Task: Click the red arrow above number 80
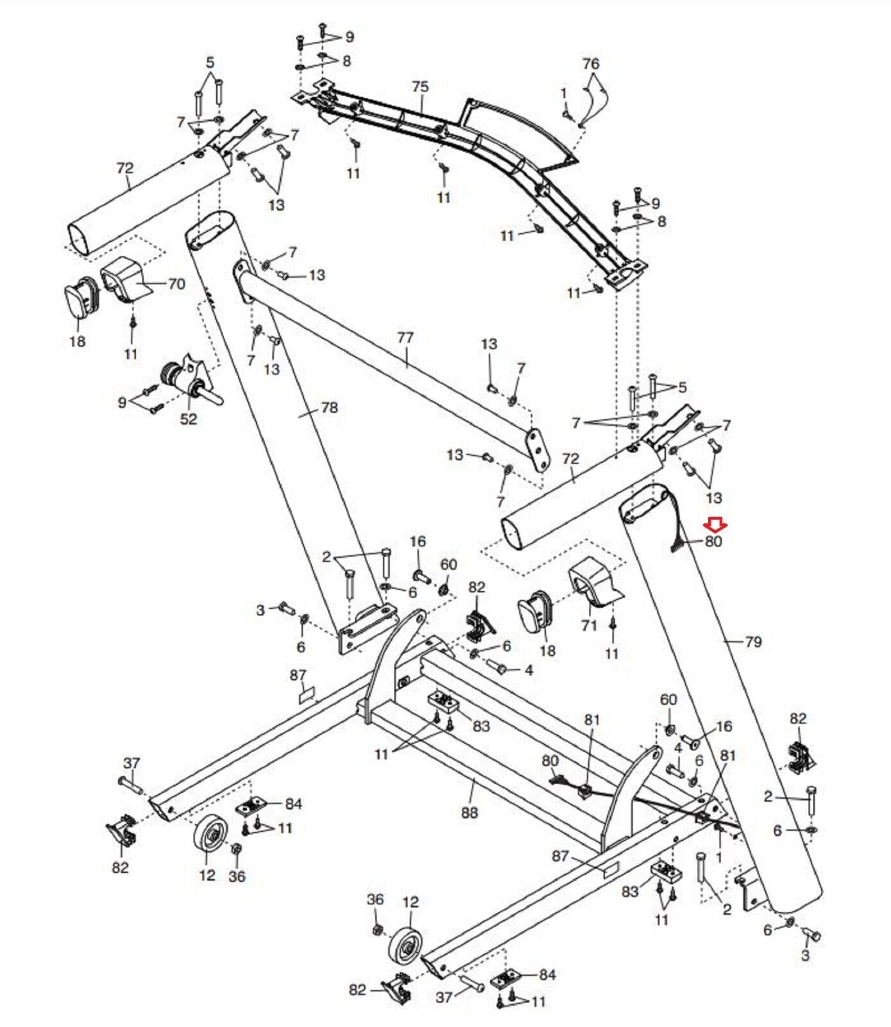715,526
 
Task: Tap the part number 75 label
420,87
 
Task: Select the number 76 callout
591,64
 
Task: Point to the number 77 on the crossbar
405,338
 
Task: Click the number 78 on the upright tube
329,408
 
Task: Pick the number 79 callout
753,641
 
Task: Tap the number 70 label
176,284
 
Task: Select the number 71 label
589,625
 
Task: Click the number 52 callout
189,419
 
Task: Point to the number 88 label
470,813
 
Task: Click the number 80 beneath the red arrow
713,541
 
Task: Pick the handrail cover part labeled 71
595,583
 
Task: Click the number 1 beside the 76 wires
564,94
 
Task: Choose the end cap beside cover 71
535,613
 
